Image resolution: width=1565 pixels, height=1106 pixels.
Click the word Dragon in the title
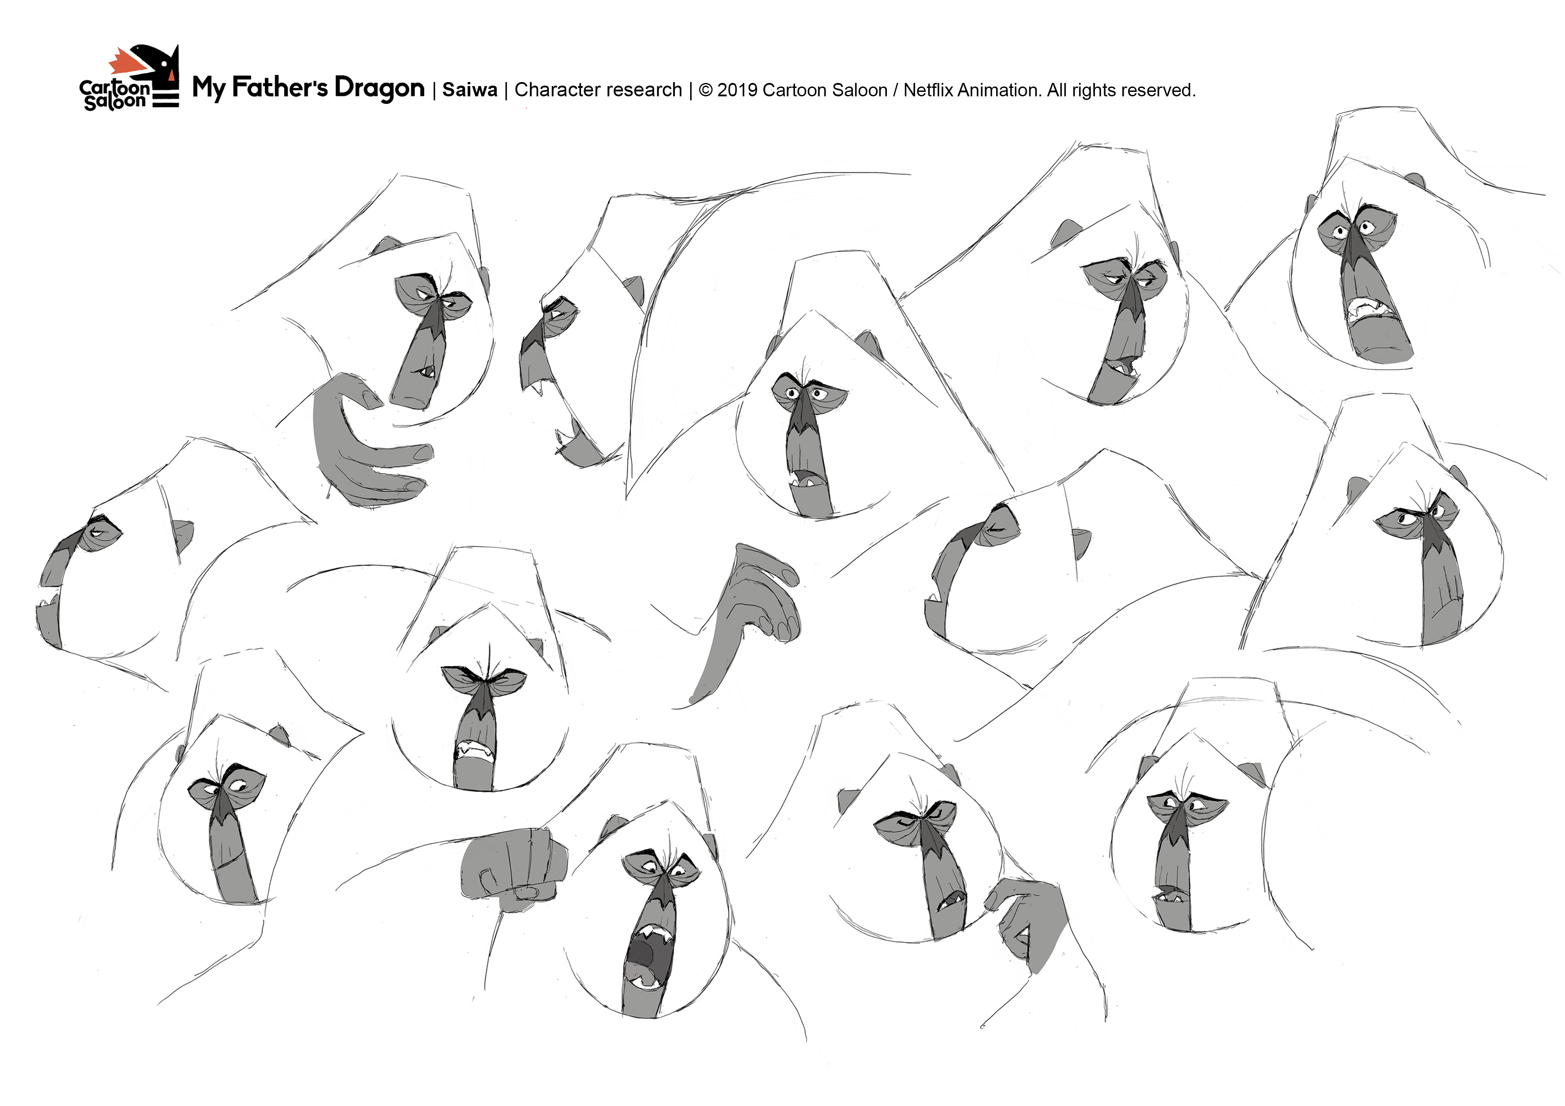click(x=380, y=89)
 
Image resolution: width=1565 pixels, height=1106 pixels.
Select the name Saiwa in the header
click(x=470, y=90)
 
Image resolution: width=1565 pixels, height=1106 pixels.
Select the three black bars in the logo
click(x=164, y=99)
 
